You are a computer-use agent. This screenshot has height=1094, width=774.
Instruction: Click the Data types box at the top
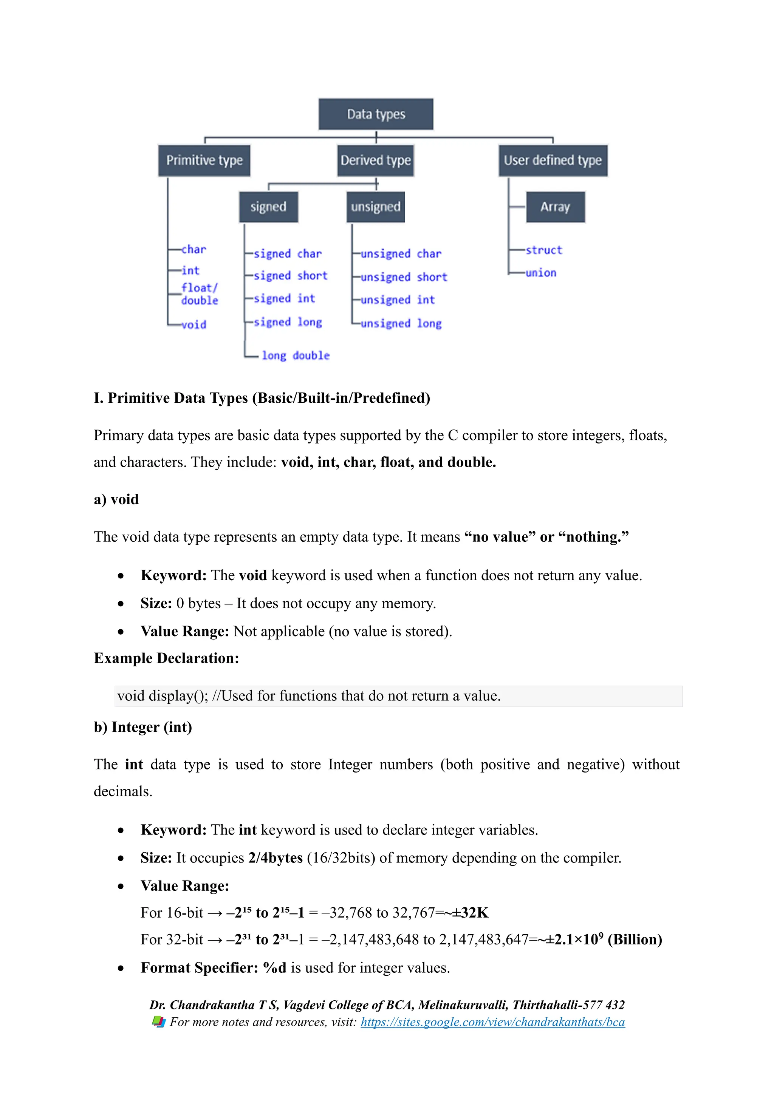coord(376,114)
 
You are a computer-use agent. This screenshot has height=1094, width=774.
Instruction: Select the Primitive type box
coord(204,161)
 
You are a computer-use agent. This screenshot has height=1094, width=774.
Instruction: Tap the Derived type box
coord(376,161)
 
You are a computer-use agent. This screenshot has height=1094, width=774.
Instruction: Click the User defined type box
coord(553,161)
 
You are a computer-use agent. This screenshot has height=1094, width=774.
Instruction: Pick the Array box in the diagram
coord(555,207)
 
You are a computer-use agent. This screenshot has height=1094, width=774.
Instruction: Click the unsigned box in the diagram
coord(376,207)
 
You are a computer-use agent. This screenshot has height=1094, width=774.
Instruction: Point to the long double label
coord(296,355)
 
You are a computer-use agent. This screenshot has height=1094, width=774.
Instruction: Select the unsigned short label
coord(404,277)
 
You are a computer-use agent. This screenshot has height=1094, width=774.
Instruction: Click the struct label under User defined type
coord(543,250)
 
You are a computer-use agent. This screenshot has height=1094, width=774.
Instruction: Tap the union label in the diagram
coord(540,273)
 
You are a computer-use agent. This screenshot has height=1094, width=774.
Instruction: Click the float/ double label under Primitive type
coord(200,294)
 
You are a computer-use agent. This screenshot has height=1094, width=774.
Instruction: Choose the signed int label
coord(284,299)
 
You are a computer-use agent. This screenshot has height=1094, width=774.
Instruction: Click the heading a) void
coord(116,499)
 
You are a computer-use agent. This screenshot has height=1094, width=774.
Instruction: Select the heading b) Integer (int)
coord(143,727)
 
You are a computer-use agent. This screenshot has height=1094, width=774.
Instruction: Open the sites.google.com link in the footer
coord(492,1022)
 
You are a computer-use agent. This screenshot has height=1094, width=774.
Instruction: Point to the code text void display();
coord(163,696)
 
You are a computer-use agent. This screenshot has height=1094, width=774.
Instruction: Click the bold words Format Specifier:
coord(199,968)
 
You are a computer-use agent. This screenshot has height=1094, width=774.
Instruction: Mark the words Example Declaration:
coord(166,658)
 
